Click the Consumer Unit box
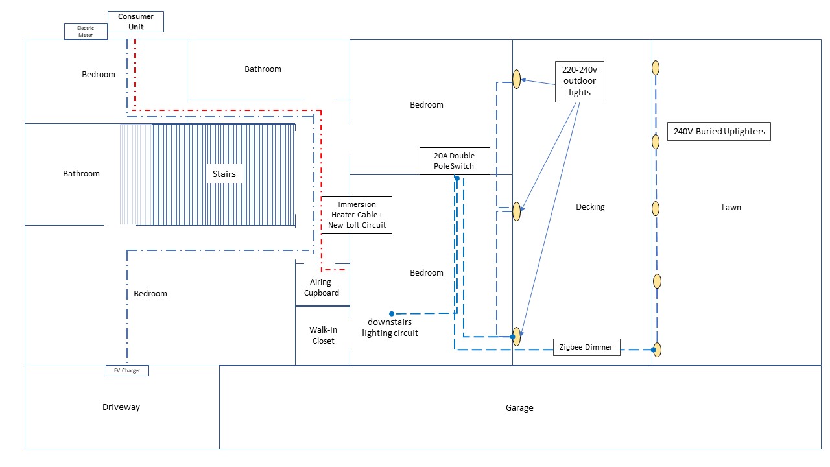click(x=136, y=22)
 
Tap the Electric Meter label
click(x=86, y=32)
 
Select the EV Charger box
click(x=127, y=371)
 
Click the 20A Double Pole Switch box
click(x=454, y=161)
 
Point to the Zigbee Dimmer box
click(x=586, y=347)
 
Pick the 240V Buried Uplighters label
click(x=719, y=131)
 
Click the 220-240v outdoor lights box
click(x=580, y=82)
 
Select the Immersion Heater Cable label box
click(x=357, y=215)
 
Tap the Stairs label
click(x=224, y=174)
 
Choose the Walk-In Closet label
click(x=323, y=335)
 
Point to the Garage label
click(x=519, y=408)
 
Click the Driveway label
click(x=121, y=407)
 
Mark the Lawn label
click(x=731, y=208)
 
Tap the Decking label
click(x=590, y=207)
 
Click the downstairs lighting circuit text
click(x=390, y=328)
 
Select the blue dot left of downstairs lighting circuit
click(x=392, y=314)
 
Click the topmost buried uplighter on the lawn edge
click(x=656, y=67)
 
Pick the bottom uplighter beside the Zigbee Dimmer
click(x=658, y=350)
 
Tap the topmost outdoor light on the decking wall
click(x=517, y=79)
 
